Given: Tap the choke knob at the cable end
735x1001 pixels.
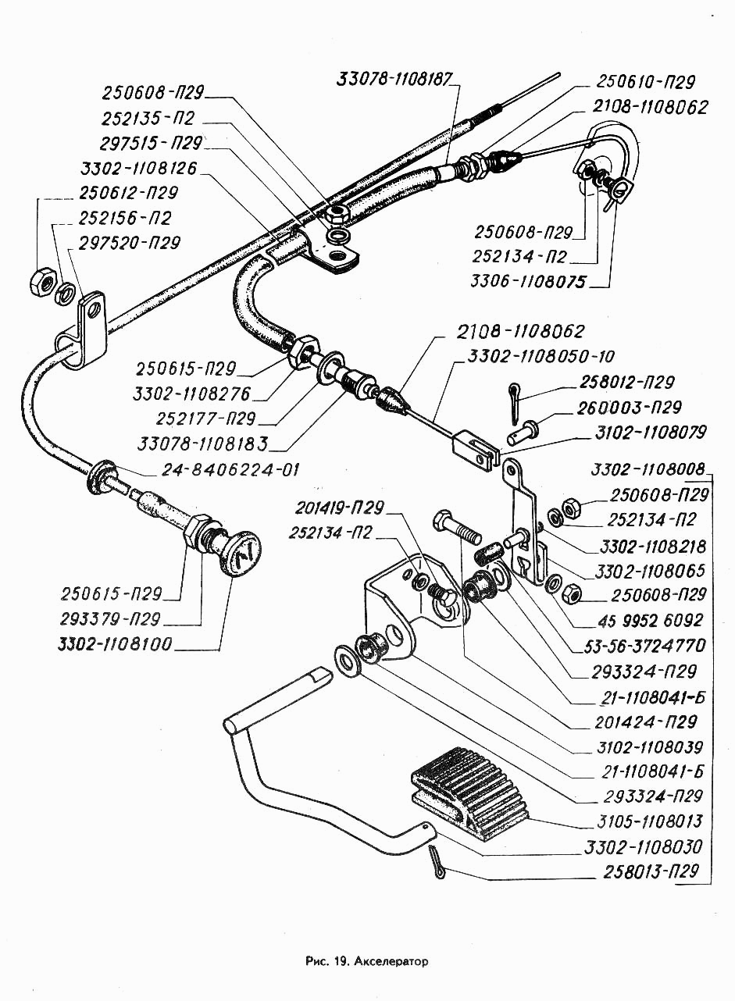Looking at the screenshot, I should point(241,553).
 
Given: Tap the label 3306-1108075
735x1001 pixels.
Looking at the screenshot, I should point(528,282).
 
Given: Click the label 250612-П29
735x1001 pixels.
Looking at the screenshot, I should point(128,193).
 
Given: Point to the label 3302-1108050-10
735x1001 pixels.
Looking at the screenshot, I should point(541,356).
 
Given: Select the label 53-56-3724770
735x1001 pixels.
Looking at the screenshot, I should point(645,646).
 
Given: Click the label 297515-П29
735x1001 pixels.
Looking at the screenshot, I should point(152,144).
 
